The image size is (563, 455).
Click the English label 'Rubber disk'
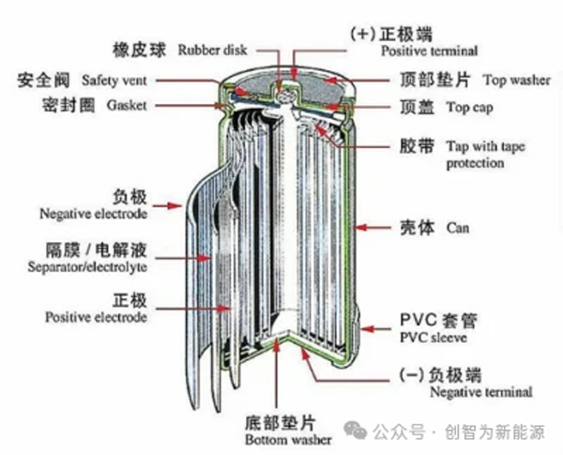210,50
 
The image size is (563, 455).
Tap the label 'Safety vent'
113,80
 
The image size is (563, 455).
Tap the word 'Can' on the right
458,228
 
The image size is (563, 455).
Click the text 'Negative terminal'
480,392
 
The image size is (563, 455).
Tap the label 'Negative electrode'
93,214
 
